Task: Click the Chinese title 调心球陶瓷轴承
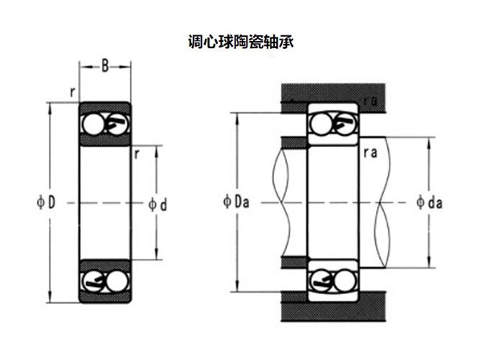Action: coord(240,39)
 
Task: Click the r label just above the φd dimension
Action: coord(138,152)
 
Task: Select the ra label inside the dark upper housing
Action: coord(370,100)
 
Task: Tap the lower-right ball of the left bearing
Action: coord(116,280)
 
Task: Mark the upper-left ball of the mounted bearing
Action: coord(322,124)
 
